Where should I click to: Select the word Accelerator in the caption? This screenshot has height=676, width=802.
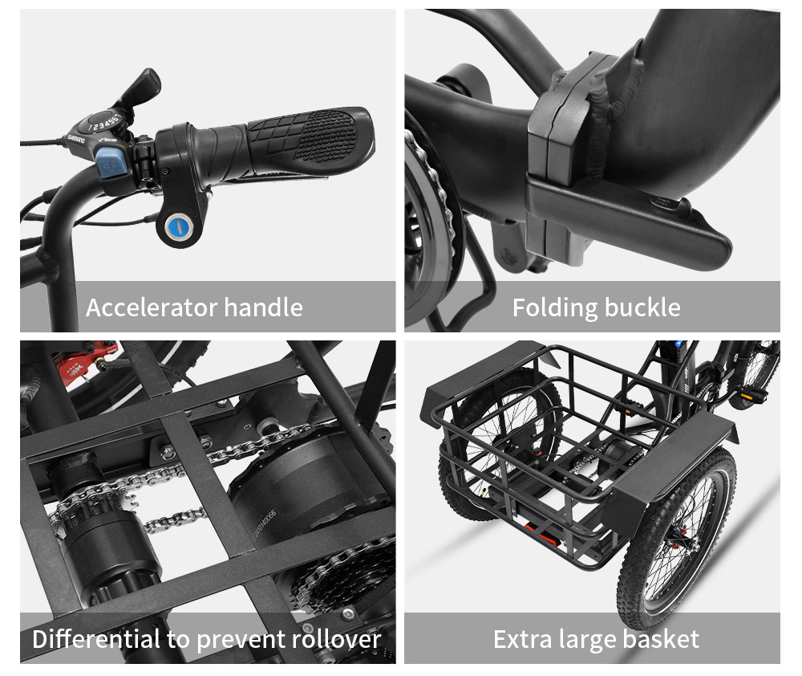point(152,307)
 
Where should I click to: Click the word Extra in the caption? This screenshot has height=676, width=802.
point(521,639)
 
